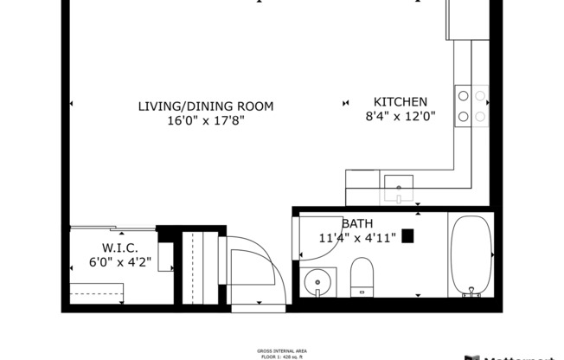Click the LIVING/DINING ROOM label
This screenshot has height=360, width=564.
206,106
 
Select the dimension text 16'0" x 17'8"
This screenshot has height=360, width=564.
206,121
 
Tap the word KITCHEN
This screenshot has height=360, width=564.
399,100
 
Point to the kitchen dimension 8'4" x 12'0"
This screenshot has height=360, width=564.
399,116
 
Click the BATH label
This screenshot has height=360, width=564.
357,222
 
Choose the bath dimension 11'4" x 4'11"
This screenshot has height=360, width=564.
357,237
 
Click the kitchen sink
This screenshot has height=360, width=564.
399,183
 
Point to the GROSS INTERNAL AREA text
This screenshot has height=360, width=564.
281,351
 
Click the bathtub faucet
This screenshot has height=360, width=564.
471,292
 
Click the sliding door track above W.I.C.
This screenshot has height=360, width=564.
112,229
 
